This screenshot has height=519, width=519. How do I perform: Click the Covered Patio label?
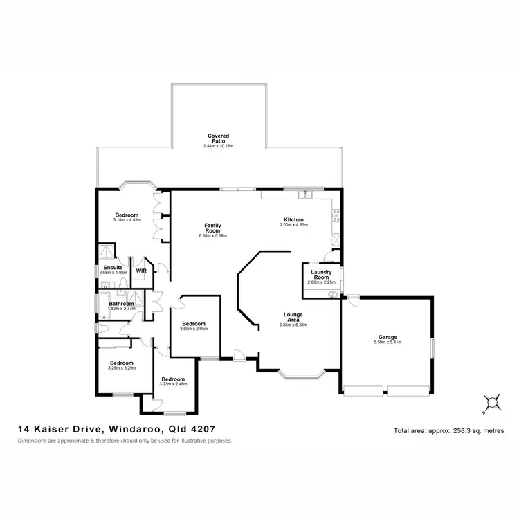point(218,138)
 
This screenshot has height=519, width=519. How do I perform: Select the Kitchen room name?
point(293,218)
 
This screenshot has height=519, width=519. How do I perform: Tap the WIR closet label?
point(141,271)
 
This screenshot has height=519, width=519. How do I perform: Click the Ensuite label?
point(113,267)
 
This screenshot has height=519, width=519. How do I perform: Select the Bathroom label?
point(120,303)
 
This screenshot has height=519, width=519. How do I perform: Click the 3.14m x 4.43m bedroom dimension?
point(127,219)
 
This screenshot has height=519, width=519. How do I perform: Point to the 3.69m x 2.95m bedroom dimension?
point(194,329)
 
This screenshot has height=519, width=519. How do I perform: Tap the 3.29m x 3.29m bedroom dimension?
point(120,367)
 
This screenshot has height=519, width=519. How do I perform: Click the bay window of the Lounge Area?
point(301,376)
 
